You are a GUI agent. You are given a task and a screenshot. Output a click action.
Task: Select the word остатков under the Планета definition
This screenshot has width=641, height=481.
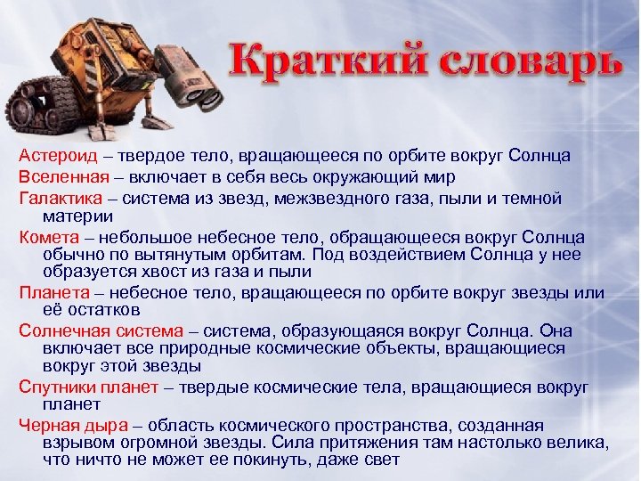click(102, 310)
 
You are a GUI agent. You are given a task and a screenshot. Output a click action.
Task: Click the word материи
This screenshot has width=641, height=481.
click(77, 216)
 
